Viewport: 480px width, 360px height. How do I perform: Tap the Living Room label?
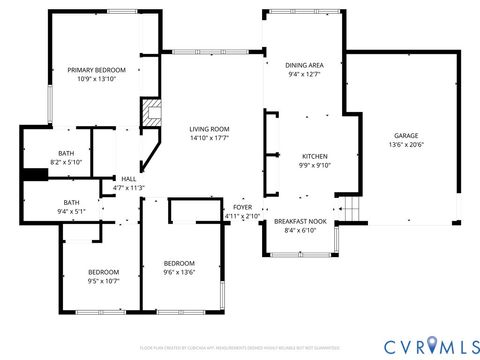coord(210,129)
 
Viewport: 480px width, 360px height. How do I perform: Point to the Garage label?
coord(405,135)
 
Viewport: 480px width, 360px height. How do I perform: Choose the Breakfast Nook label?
coord(301,221)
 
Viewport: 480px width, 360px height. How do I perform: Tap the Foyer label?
coord(243,207)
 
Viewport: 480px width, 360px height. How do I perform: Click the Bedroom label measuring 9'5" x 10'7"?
coord(103,272)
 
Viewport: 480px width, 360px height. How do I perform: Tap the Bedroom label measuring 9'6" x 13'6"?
coord(179,263)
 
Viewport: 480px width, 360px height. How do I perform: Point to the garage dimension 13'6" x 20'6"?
coord(405,144)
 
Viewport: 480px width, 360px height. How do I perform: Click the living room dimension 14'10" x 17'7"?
coord(210,138)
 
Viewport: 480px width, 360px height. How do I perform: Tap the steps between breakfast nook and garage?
coord(350,209)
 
